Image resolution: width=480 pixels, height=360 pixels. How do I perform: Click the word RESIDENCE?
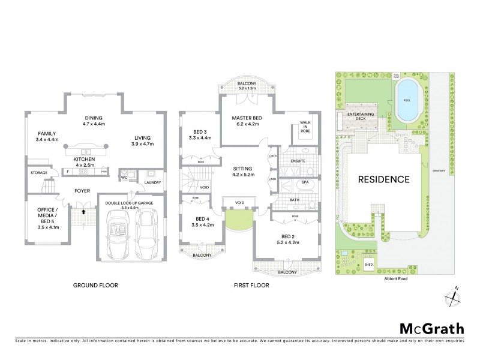tap(384, 179)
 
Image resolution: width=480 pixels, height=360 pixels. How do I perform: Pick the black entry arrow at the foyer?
tap(84, 211)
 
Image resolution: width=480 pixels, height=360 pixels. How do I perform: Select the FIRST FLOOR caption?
tap(251, 286)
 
